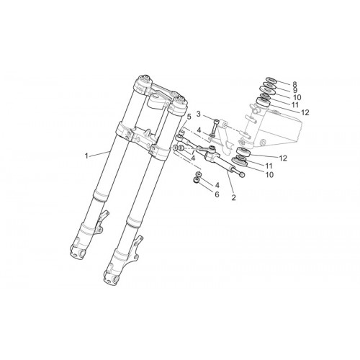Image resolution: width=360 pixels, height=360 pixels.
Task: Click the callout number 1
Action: tap(86, 156)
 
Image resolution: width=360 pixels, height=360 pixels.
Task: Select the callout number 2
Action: tap(234, 197)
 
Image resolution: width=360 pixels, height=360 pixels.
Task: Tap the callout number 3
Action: tap(199, 114)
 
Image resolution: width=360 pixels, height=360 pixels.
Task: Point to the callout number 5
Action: tap(189, 117)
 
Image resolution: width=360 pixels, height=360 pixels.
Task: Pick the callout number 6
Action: tap(217, 194)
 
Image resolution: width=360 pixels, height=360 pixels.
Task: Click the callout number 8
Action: tap(294, 84)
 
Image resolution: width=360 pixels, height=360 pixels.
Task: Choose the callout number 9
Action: tap(294, 90)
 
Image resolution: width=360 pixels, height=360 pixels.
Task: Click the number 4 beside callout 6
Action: tap(217, 185)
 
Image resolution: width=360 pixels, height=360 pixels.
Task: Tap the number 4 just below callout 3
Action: tap(199, 130)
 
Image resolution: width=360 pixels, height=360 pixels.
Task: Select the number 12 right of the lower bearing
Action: tap(283, 158)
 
